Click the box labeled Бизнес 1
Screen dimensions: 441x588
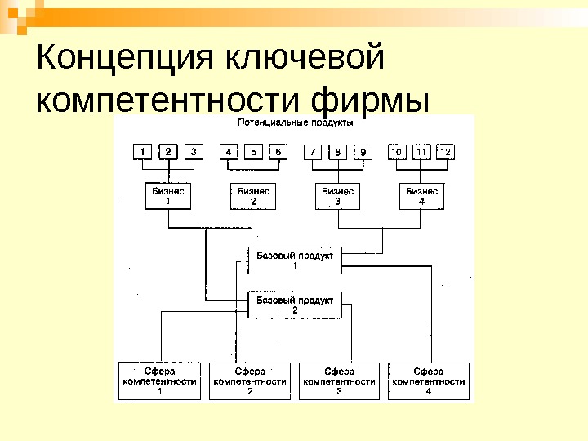pos(168,196)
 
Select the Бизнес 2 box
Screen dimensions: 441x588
pos(252,196)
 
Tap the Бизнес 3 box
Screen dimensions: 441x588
pos(337,196)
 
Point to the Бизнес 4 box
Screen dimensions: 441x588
pos(422,196)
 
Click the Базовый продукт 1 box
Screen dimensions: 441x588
pos(295,261)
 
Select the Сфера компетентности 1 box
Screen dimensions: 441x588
pos(160,381)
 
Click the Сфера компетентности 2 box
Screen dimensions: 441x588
pos(250,381)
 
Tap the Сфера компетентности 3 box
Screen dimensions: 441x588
pos(339,381)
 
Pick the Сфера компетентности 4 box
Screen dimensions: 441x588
pos(429,381)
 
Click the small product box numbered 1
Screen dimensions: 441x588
pos(144,152)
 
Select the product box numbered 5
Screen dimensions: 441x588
pos(253,152)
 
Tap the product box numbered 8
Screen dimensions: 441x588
pos(337,152)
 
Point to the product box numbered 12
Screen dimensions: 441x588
pos(445,152)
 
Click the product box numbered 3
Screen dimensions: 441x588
pos(193,152)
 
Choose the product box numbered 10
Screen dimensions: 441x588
pos(397,152)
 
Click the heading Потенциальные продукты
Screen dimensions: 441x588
pos(295,123)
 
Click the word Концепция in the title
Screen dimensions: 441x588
pos(115,59)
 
